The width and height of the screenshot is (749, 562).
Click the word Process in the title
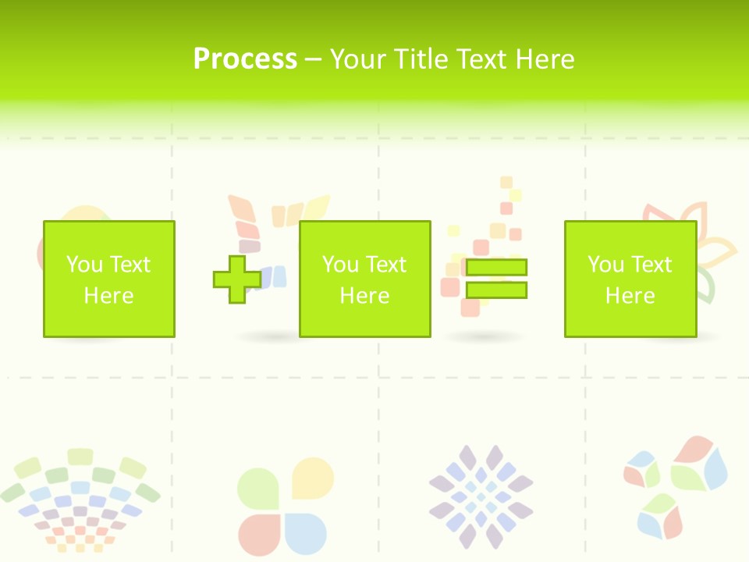tap(245, 59)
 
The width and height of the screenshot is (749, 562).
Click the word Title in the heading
tap(422, 59)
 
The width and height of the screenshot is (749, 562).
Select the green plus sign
tap(237, 279)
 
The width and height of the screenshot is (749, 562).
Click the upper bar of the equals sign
tap(496, 267)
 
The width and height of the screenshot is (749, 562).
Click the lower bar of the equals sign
tap(496, 290)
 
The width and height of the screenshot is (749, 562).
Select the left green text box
tap(108, 279)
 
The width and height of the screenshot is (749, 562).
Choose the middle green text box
tap(364, 279)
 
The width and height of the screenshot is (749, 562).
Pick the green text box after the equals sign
tap(630, 279)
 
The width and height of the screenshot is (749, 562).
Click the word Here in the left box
tap(108, 296)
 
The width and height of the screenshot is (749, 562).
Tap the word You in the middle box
tap(340, 265)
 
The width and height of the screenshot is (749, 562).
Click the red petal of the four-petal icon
tap(258, 532)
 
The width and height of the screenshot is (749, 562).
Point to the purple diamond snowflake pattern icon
tap(481, 496)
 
